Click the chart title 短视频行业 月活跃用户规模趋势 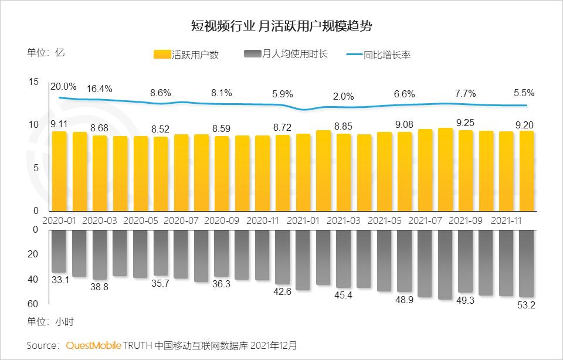click(x=281, y=26)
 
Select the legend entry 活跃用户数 click(x=186, y=55)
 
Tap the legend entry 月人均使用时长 click(x=286, y=55)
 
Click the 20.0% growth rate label click(x=63, y=86)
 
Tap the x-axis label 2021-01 click(x=303, y=221)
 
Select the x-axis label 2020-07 click(x=181, y=221)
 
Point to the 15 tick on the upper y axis click(x=33, y=82)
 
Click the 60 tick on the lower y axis click(x=33, y=304)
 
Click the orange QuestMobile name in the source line click(x=93, y=345)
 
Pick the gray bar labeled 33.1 click(x=59, y=252)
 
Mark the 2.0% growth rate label click(x=344, y=97)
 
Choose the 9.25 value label click(x=466, y=123)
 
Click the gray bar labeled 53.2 click(x=527, y=264)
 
